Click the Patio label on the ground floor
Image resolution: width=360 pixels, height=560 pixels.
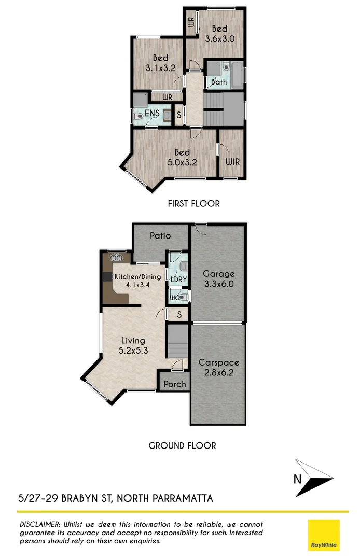point(160,235)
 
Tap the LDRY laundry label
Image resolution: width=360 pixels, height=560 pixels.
point(178,280)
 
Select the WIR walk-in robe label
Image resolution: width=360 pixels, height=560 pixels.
point(232,162)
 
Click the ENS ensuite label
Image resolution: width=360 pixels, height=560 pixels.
point(152,113)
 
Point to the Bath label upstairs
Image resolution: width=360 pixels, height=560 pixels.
point(219,82)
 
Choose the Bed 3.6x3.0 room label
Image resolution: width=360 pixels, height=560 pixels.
point(220,33)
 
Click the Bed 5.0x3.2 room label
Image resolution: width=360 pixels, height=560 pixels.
point(182,157)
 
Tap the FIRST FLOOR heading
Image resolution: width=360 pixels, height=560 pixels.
point(193,204)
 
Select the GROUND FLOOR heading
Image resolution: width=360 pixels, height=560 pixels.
point(182,445)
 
